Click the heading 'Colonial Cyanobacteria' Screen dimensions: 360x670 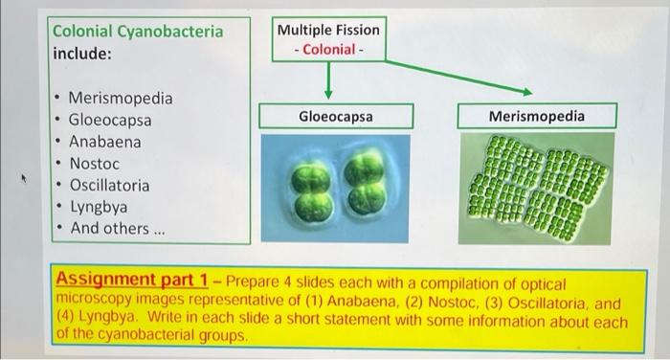138,32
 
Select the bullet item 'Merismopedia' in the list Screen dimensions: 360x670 121,99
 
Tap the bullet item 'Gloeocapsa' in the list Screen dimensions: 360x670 109,121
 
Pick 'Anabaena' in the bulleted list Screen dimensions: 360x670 104,142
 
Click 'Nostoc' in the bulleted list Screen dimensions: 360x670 94,164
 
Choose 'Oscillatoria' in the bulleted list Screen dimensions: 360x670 108,185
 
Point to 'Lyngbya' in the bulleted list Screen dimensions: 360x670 98,207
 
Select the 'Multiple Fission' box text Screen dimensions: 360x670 327,30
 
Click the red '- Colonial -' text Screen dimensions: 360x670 327,49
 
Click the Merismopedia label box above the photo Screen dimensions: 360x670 536,117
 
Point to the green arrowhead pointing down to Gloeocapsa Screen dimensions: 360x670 327,94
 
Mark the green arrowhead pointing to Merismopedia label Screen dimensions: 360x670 527,92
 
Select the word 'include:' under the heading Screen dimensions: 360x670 81,54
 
